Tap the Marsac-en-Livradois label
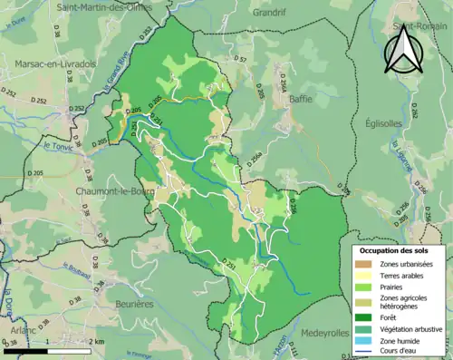pos(55,64)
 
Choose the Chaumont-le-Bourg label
pos(92,191)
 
